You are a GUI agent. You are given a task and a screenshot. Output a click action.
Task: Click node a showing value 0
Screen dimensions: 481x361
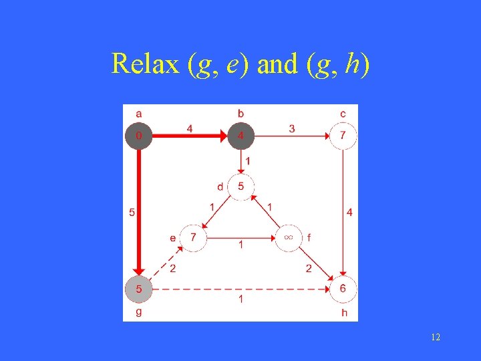(x=138, y=136)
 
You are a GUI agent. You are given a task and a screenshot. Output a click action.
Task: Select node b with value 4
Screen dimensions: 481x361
(x=241, y=136)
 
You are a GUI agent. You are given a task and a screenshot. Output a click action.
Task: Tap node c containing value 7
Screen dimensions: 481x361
(x=343, y=136)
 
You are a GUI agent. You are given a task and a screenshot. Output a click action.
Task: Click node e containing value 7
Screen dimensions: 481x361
(x=194, y=237)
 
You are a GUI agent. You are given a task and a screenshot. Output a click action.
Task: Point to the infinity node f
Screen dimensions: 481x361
(x=289, y=237)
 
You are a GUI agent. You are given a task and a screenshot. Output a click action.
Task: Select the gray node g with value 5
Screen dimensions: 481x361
(x=138, y=289)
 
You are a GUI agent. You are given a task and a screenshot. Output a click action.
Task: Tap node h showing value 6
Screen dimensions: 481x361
(x=343, y=289)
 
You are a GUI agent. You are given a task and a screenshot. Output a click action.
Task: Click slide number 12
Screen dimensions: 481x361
(x=436, y=338)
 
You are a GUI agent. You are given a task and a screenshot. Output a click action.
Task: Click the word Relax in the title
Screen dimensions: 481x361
(x=145, y=64)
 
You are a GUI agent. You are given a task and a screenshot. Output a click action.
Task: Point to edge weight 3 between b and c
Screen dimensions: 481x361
(x=292, y=128)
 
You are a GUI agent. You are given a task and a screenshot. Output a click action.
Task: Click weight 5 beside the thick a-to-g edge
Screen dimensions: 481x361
(x=132, y=213)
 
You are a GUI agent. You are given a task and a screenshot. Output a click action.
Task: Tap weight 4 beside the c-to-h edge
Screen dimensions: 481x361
(x=350, y=213)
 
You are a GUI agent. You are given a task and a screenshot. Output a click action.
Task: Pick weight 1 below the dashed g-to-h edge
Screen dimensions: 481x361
(x=241, y=300)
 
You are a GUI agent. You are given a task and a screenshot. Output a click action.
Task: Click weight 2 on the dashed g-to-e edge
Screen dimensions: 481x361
(x=172, y=269)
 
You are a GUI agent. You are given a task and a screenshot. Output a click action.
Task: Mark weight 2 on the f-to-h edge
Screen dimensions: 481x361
(x=309, y=269)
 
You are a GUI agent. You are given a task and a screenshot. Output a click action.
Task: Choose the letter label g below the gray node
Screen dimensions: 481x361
(x=138, y=312)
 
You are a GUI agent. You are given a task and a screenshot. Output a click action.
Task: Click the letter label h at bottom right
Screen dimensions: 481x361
(x=344, y=312)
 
